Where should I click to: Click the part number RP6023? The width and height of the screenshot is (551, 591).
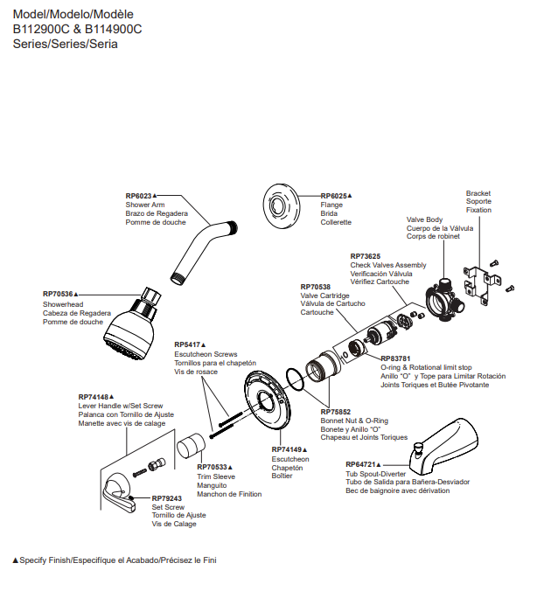click(x=138, y=196)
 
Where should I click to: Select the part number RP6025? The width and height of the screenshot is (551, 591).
click(x=334, y=196)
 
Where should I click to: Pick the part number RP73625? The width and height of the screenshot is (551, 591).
click(x=365, y=256)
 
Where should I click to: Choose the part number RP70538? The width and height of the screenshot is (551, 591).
click(x=315, y=287)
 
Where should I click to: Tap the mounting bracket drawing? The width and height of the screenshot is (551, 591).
click(x=480, y=281)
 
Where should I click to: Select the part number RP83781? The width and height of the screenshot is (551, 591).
click(x=395, y=358)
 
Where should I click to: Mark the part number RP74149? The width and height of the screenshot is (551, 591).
click(x=287, y=449)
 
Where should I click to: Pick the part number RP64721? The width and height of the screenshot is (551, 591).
click(x=360, y=464)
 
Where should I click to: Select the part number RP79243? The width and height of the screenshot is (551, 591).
click(x=167, y=498)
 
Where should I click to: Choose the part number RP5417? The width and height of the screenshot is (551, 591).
click(x=188, y=344)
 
